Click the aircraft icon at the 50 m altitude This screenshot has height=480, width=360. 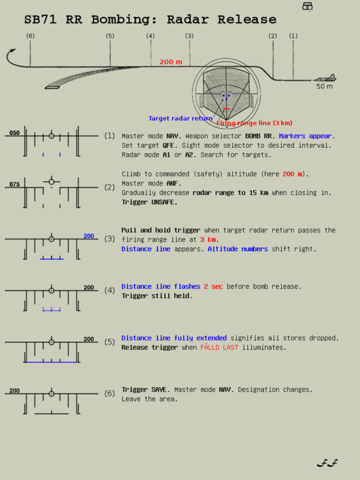(325, 78)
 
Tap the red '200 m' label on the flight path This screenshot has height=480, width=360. (170, 62)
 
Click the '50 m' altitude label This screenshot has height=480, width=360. (324, 86)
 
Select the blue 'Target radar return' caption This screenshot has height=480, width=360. (180, 118)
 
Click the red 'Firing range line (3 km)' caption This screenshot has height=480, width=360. (254, 123)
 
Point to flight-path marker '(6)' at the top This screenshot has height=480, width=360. (30, 36)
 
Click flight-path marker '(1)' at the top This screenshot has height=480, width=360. (293, 36)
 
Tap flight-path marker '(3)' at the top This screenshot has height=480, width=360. (189, 36)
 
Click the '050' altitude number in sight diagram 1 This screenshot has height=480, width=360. (14, 133)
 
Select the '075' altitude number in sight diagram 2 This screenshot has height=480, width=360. (14, 184)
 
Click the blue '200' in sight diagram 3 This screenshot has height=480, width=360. (88, 236)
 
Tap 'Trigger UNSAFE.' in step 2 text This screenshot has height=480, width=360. (149, 202)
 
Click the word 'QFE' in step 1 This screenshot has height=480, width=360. (168, 145)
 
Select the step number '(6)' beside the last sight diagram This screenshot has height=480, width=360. (110, 393)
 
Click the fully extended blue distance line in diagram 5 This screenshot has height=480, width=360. (52, 362)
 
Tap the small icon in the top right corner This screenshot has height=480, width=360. (307, 6)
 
